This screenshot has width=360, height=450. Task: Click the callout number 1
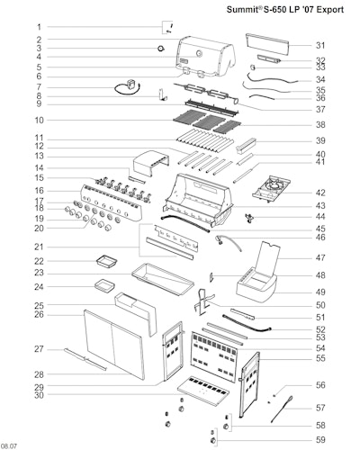pyautogui.click(x=39, y=27)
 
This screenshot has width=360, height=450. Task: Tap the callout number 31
pyautogui.click(x=320, y=45)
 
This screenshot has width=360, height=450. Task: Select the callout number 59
pyautogui.click(x=320, y=440)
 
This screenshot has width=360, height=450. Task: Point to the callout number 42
pyautogui.click(x=320, y=193)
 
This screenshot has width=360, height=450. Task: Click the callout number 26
pyautogui.click(x=39, y=315)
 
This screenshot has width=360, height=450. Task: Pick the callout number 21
pyautogui.click(x=39, y=247)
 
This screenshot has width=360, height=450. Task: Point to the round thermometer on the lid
pyautogui.click(x=199, y=54)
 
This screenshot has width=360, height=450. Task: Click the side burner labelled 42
pyautogui.click(x=272, y=189)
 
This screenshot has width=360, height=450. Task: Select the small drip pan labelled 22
pyautogui.click(x=106, y=261)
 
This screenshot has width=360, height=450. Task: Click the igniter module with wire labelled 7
pyautogui.click(x=129, y=87)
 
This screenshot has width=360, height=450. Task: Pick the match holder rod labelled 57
pyautogui.click(x=282, y=409)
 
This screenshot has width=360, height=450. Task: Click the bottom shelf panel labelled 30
pyautogui.click(x=203, y=391)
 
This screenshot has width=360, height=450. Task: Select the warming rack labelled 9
pyautogui.click(x=212, y=107)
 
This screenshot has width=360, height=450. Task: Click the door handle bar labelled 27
pyautogui.click(x=85, y=359)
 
